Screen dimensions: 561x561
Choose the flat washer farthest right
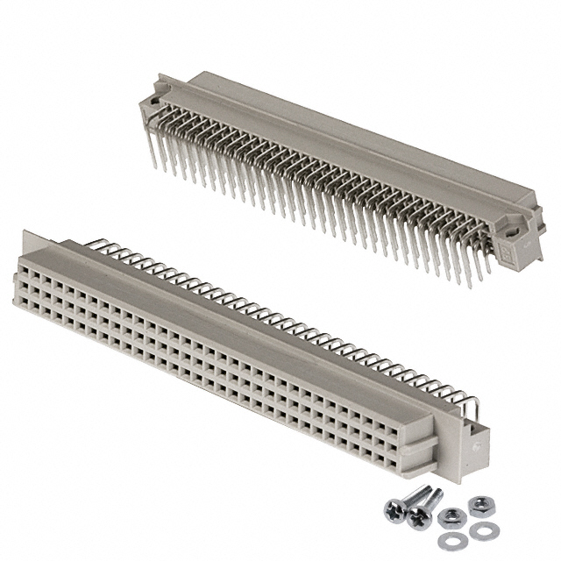pyautogui.click(x=479, y=531)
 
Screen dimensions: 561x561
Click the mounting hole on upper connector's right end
pyautogui.click(x=511, y=230)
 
